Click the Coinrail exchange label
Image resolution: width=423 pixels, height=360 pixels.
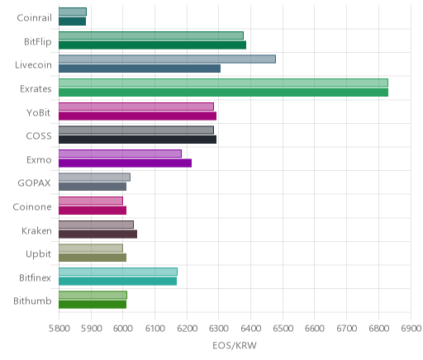coord(34,18)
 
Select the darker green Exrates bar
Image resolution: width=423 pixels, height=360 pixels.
coord(223,92)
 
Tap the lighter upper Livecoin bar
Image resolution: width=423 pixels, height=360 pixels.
coord(167,59)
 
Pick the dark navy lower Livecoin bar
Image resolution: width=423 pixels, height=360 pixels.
coord(140,69)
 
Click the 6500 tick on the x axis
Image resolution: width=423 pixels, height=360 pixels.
coord(283,329)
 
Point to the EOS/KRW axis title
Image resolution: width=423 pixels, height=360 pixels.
coord(235,345)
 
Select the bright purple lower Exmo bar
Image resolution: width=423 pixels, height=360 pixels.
coord(125,163)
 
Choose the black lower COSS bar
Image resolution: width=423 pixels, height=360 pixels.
coord(137,140)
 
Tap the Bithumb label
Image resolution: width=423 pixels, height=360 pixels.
coord(32,301)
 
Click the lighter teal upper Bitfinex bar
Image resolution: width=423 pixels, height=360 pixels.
coord(118,272)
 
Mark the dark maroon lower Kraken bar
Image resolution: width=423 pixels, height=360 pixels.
coord(97,234)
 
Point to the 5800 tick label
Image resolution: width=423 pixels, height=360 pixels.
coord(59,329)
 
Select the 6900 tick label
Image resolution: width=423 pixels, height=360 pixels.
coord(411,329)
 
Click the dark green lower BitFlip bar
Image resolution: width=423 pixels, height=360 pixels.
coord(152,45)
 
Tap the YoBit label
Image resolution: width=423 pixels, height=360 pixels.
coord(39,112)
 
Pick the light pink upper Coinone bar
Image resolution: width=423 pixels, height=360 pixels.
coord(91,201)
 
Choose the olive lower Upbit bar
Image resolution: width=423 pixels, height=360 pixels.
coord(93,258)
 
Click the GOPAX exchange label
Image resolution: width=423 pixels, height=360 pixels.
coord(35,183)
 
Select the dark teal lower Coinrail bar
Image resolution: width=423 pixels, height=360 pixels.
coord(72,21)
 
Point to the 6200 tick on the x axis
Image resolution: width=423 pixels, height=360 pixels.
coord(187,329)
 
